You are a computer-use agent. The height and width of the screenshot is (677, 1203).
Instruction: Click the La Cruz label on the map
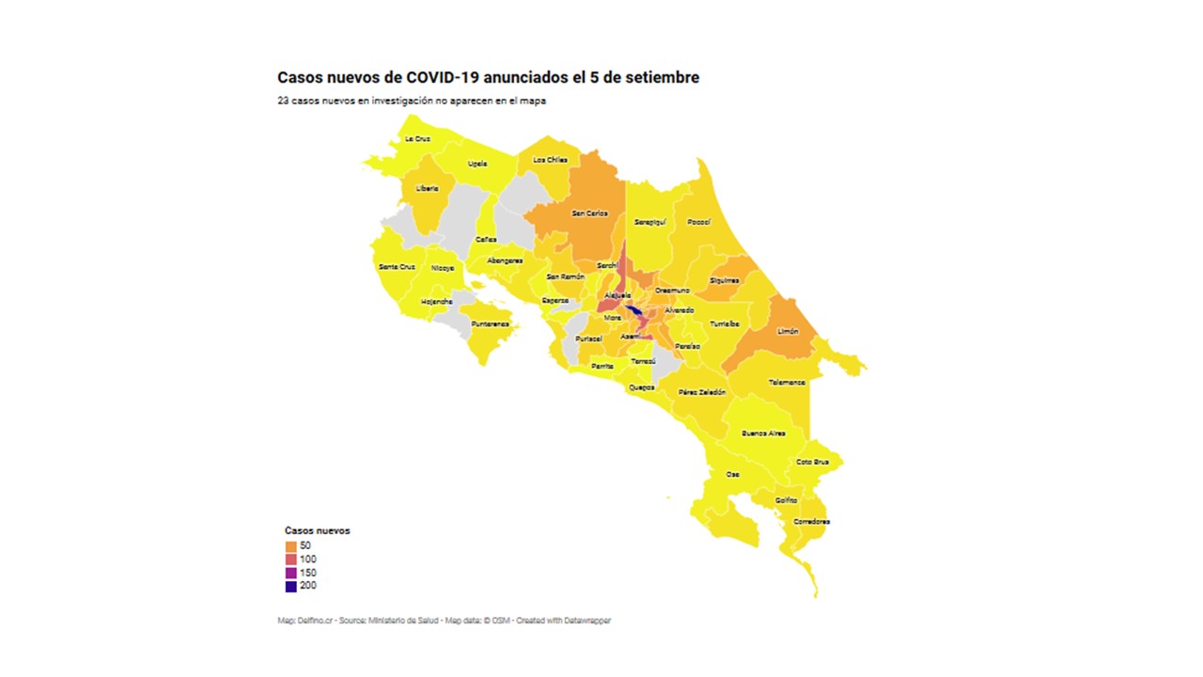[x=417, y=138]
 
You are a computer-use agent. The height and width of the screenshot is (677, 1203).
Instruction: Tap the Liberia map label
[x=428, y=188]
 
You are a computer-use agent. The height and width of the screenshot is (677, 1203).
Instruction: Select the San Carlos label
[x=590, y=213]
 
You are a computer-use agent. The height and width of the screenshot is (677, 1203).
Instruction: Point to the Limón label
[x=788, y=331]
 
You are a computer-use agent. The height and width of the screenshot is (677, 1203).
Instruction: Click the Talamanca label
[x=787, y=383]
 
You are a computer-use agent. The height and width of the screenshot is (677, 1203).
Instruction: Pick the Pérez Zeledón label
[x=701, y=391]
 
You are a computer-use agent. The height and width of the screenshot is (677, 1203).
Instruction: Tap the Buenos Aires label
[x=763, y=433]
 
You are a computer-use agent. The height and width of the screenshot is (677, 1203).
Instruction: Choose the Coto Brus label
[x=812, y=462]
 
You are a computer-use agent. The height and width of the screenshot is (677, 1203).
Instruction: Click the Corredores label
[x=811, y=521]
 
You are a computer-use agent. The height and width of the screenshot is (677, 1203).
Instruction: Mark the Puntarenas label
[x=491, y=323]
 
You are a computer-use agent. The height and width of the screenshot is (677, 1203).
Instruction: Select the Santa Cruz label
[x=397, y=267]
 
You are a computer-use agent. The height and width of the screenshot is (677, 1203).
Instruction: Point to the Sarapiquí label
[x=649, y=223]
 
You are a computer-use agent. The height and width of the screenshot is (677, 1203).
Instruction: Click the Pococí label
[x=698, y=222]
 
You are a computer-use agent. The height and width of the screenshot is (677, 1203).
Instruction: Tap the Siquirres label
[x=724, y=280]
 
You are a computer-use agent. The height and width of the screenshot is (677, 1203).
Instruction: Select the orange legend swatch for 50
[x=291, y=545]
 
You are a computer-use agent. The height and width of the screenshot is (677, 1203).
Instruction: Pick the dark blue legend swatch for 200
[x=291, y=586]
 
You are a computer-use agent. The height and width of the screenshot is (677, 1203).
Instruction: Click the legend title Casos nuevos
[x=317, y=530]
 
